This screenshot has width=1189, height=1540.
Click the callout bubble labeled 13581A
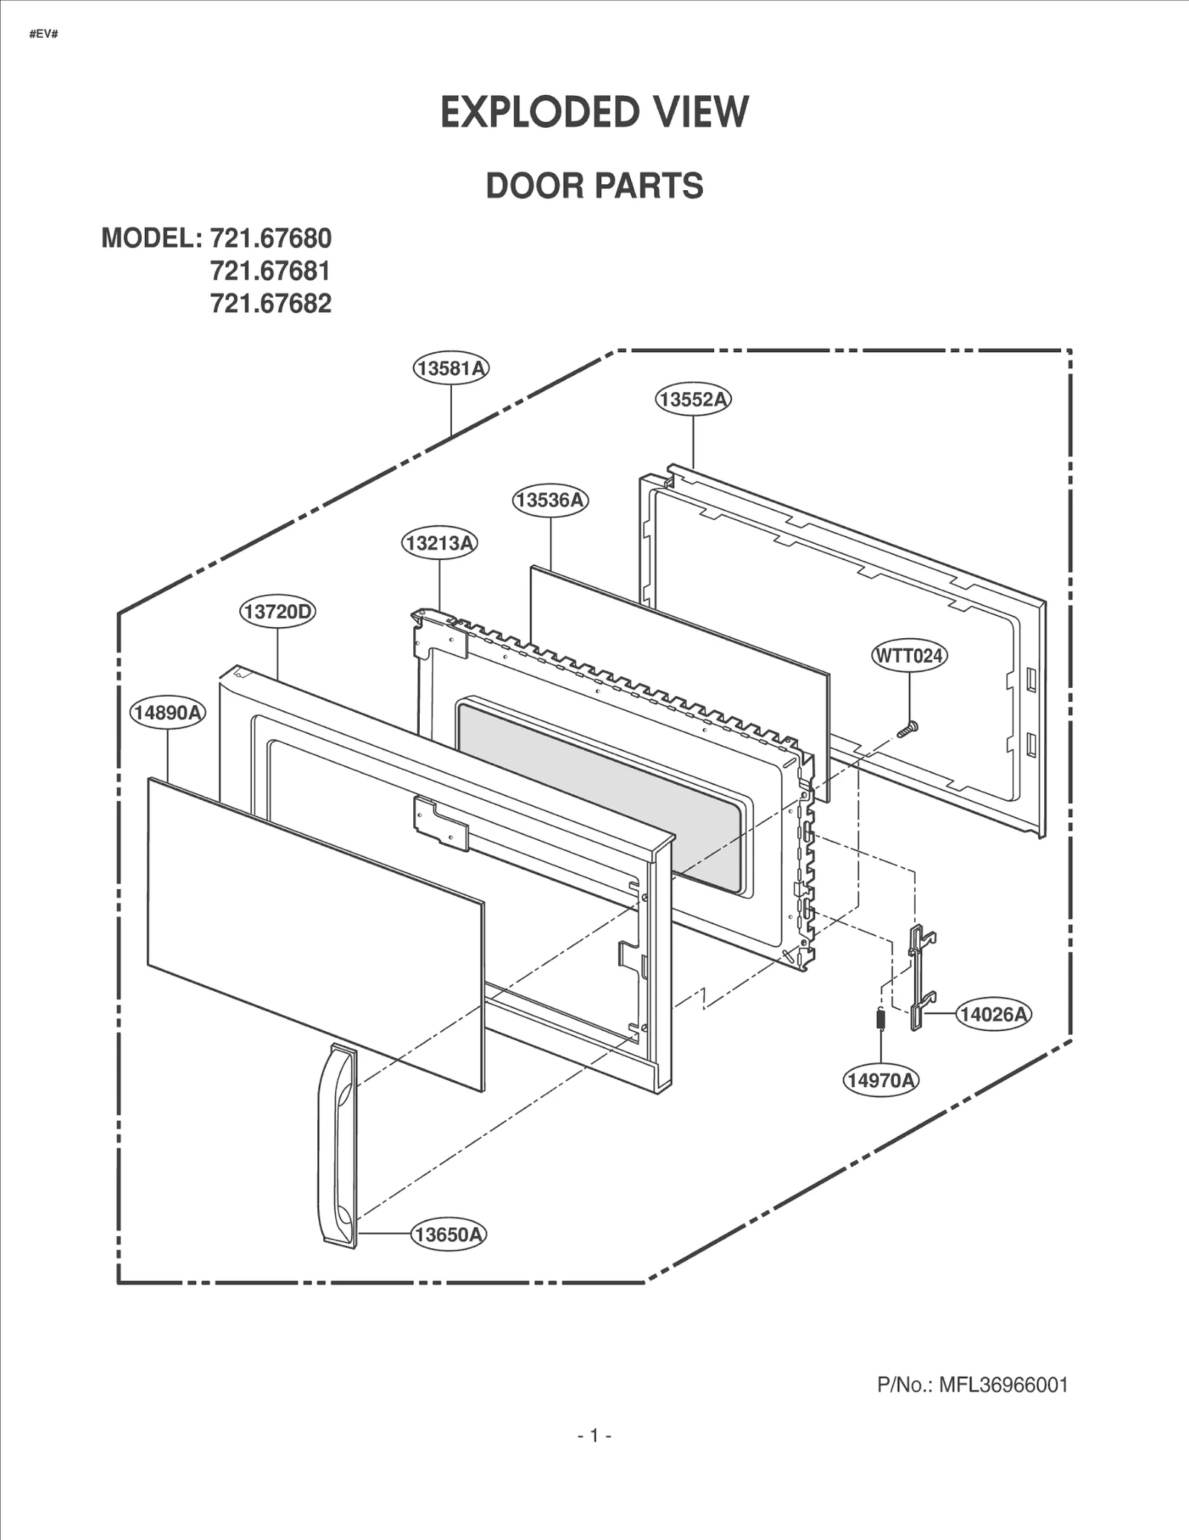pyautogui.click(x=451, y=368)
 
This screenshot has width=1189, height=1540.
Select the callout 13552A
pyautogui.click(x=693, y=400)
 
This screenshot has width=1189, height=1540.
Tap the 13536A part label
pyautogui.click(x=550, y=500)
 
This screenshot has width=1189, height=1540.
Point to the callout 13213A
pyautogui.click(x=439, y=543)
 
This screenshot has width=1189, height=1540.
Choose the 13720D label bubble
pyautogui.click(x=277, y=611)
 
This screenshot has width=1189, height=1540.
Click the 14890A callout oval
pyautogui.click(x=168, y=713)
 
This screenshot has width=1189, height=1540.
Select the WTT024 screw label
pyautogui.click(x=909, y=656)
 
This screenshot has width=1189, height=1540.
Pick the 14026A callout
pyautogui.click(x=994, y=1014)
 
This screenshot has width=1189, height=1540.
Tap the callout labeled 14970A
pyautogui.click(x=881, y=1080)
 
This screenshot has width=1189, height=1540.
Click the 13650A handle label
pyautogui.click(x=448, y=1235)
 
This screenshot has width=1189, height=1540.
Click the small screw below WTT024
pyautogui.click(x=907, y=730)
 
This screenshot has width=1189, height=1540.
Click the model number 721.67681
pyautogui.click(x=270, y=271)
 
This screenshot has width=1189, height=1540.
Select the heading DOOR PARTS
pyautogui.click(x=594, y=186)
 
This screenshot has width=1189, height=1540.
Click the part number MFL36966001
pyautogui.click(x=1002, y=1385)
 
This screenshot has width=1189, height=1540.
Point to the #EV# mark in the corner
pyautogui.click(x=44, y=35)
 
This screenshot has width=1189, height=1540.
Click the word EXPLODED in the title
pyautogui.click(x=539, y=113)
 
